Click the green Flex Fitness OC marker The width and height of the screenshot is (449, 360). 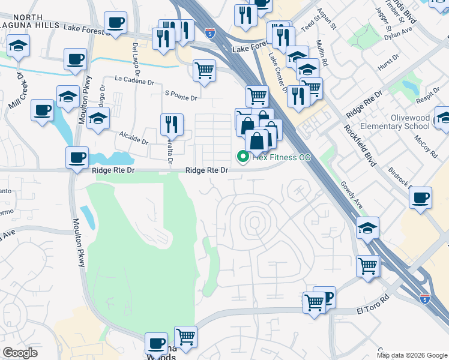[243, 157]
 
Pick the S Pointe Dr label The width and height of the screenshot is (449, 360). [181, 97]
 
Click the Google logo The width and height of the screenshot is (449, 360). [20, 353]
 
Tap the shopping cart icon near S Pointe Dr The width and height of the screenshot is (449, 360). [204, 70]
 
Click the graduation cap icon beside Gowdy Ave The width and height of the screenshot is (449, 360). [367, 227]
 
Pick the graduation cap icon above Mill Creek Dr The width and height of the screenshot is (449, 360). [19, 46]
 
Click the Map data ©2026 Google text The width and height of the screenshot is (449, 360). [412, 355]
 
